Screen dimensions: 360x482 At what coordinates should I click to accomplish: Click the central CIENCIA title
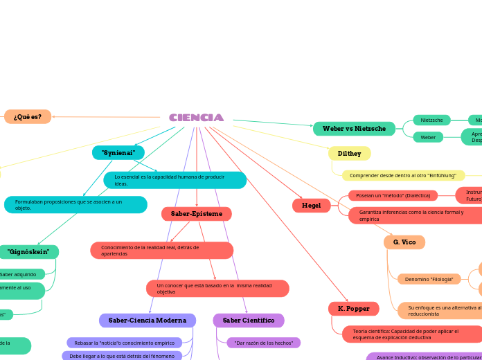pyautogui.click(x=196, y=118)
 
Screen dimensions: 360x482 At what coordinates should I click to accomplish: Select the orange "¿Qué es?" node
pyautogui.click(x=28, y=116)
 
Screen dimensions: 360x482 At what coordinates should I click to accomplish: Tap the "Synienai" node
pyautogui.click(x=118, y=152)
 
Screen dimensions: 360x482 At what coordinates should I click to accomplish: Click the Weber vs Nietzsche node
pyautogui.click(x=354, y=129)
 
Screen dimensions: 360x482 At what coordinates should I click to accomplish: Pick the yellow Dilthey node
pyautogui.click(x=349, y=154)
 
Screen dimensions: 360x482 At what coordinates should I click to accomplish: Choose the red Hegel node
pyautogui.click(x=311, y=206)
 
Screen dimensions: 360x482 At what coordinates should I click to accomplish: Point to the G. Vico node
pyautogui.click(x=404, y=242)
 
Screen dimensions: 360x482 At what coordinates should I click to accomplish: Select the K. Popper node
pyautogui.click(x=353, y=308)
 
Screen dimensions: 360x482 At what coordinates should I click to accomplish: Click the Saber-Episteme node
pyautogui.click(x=197, y=214)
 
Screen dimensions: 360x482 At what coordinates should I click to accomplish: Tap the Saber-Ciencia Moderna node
pyautogui.click(x=148, y=321)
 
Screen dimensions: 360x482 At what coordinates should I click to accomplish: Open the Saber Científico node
pyautogui.click(x=249, y=321)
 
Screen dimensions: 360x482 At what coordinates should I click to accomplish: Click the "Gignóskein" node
pyautogui.click(x=28, y=252)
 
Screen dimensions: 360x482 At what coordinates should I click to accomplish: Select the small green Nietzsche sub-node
pyautogui.click(x=431, y=120)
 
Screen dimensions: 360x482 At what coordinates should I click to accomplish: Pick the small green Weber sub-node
pyautogui.click(x=428, y=137)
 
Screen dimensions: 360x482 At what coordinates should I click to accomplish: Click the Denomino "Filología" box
pyautogui.click(x=429, y=279)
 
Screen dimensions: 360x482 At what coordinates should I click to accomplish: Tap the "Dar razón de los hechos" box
pyautogui.click(x=263, y=343)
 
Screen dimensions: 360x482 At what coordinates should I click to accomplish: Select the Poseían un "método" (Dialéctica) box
pyautogui.click(x=393, y=195)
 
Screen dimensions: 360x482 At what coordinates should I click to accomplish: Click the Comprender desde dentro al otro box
pyautogui.click(x=402, y=175)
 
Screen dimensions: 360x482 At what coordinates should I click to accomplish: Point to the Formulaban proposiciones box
pyautogui.click(x=75, y=205)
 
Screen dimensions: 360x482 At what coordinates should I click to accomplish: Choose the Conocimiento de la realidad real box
pyautogui.click(x=161, y=250)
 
